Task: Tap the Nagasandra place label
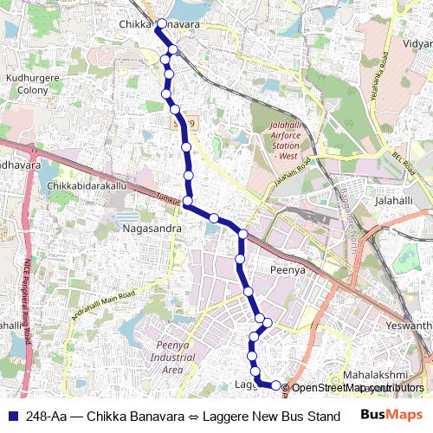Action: pyautogui.click(x=152, y=228)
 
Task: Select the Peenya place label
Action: pyautogui.click(x=288, y=270)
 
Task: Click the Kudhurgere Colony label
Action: pyautogui.click(x=31, y=83)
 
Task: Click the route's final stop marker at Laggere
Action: pyautogui.click(x=276, y=385)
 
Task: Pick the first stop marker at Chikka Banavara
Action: pyautogui.click(x=160, y=23)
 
